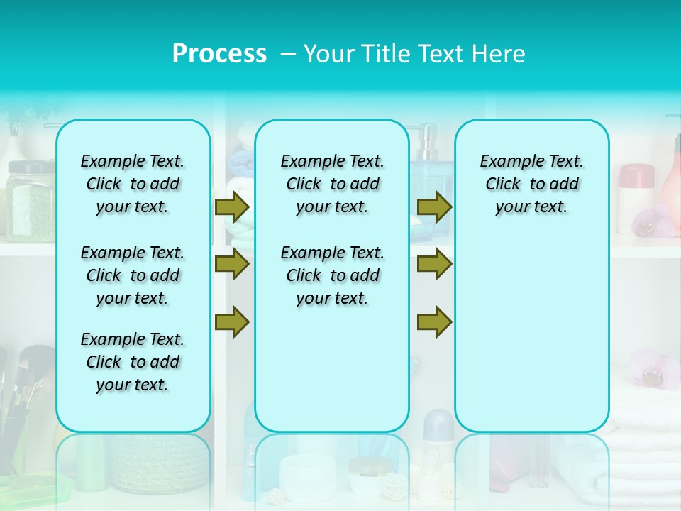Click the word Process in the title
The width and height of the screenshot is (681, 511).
219,54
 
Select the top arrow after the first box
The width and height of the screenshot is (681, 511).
231,207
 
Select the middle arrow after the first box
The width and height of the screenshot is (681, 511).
231,264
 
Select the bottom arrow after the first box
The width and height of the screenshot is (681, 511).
231,322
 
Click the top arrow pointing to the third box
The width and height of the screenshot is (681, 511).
434,207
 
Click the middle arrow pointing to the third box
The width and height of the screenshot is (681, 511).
434,264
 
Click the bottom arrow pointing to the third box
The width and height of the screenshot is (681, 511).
434,322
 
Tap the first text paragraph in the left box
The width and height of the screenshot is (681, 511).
133,184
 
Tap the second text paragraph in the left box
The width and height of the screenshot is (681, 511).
133,275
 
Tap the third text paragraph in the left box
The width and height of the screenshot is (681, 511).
133,362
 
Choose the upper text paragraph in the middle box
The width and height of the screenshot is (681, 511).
332,184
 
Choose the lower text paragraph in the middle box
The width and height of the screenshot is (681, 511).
332,275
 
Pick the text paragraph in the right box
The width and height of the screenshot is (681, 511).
531,184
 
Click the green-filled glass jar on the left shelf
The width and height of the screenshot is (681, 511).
30,202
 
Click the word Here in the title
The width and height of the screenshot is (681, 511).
500,54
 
